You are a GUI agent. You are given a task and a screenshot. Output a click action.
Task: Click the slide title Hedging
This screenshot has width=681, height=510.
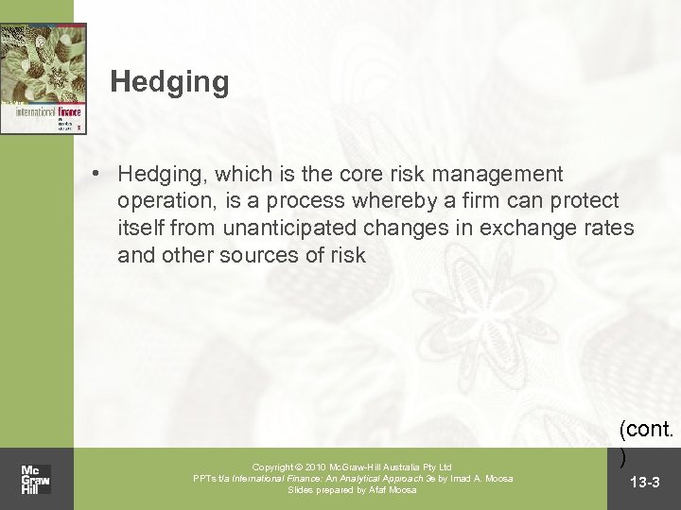click(x=169, y=82)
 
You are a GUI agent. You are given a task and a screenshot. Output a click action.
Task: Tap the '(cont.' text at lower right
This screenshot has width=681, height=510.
click(x=647, y=431)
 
